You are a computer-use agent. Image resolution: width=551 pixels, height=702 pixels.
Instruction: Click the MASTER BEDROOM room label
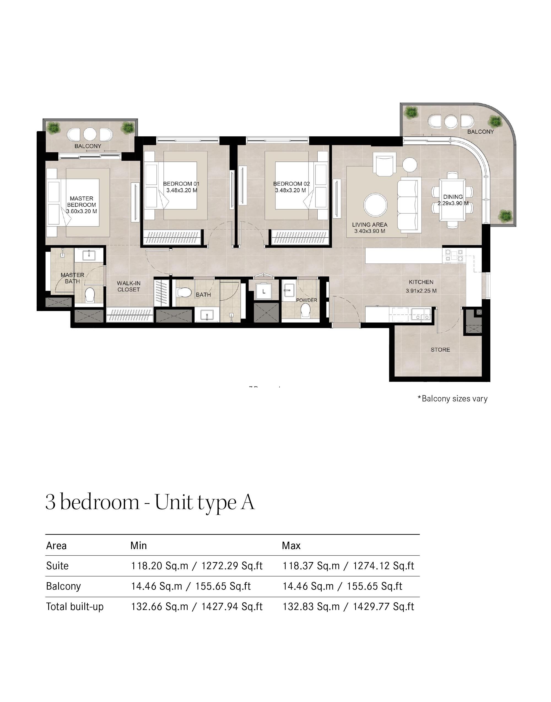[x=81, y=202]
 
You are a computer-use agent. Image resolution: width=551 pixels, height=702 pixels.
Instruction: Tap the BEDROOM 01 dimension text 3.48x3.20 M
[x=182, y=190]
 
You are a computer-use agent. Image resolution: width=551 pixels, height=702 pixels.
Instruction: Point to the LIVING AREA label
[x=369, y=225]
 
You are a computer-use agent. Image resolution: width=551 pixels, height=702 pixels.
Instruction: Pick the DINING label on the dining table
[x=453, y=196]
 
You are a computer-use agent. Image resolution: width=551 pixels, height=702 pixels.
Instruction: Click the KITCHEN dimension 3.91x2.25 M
[x=421, y=290]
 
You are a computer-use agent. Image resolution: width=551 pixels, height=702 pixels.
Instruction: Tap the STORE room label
[x=440, y=349]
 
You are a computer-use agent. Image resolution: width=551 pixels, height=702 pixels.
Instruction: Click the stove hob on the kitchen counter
[x=454, y=255]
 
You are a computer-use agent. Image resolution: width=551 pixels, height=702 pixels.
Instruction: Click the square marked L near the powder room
[x=264, y=291]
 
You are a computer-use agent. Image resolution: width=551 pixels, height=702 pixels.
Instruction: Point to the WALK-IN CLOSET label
[x=128, y=286]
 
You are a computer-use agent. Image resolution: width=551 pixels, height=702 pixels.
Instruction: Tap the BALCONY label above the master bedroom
[x=88, y=146]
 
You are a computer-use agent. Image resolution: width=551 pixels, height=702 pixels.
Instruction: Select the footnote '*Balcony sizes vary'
[x=452, y=398]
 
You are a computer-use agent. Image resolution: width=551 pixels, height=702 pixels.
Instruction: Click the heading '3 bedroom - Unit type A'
[x=150, y=502]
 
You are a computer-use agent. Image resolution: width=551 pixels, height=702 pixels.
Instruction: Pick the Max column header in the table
[x=291, y=546]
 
